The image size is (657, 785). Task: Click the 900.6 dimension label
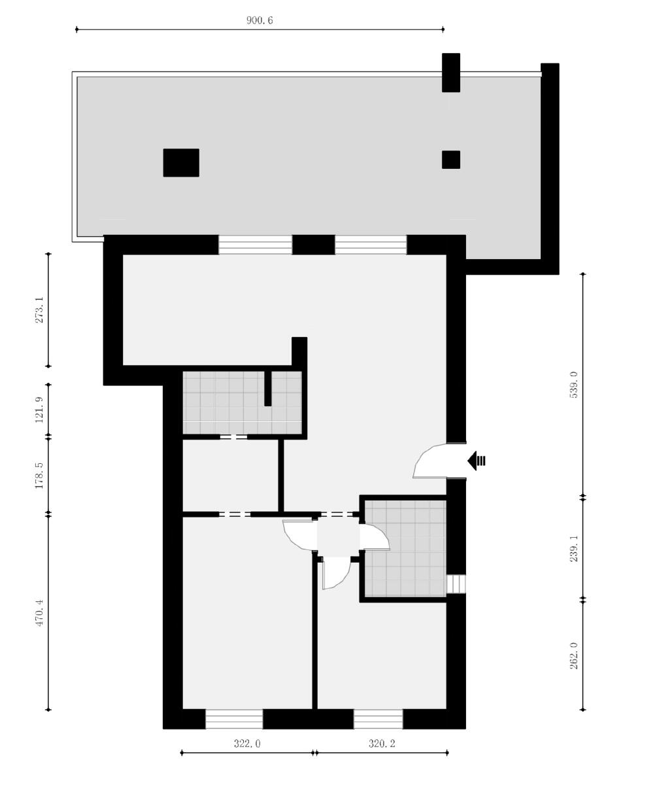pyautogui.click(x=259, y=20)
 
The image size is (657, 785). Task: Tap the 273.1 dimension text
pyautogui.click(x=39, y=310)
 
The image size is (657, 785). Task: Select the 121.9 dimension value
pyautogui.click(x=39, y=410)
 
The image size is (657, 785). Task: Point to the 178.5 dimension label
pyautogui.click(x=39, y=476)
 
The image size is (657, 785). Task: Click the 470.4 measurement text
pyautogui.click(x=39, y=613)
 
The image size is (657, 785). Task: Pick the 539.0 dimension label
pyautogui.click(x=574, y=385)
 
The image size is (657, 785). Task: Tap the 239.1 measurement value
pyautogui.click(x=574, y=549)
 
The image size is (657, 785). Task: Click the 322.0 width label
pyautogui.click(x=247, y=743)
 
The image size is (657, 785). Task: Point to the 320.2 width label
pyautogui.click(x=382, y=743)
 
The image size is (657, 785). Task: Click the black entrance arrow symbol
pyautogui.click(x=477, y=461)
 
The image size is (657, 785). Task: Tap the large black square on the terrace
pyautogui.click(x=181, y=163)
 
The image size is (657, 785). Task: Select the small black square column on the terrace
pyautogui.click(x=451, y=160)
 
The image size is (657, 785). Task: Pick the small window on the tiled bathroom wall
pyautogui.click(x=456, y=584)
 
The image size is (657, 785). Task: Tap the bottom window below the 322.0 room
pyautogui.click(x=234, y=719)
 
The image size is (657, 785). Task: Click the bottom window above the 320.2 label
pyautogui.click(x=379, y=719)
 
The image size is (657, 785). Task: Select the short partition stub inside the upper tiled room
pyautogui.click(x=268, y=389)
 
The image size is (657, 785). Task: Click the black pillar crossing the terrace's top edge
pyautogui.click(x=451, y=73)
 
